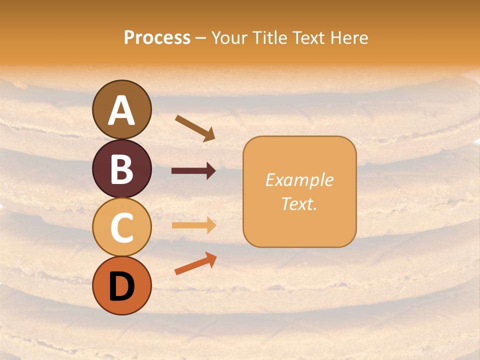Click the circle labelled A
(121, 109)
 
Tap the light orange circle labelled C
(121, 227)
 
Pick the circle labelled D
(121, 285)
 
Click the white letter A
(121, 110)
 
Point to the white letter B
(121, 169)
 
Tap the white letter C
(121, 227)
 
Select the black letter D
(121, 286)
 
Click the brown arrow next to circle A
(194, 128)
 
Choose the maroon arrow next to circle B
(193, 171)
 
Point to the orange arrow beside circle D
(195, 263)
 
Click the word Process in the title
(157, 37)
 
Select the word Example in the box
(299, 180)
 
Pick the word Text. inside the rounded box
(299, 203)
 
